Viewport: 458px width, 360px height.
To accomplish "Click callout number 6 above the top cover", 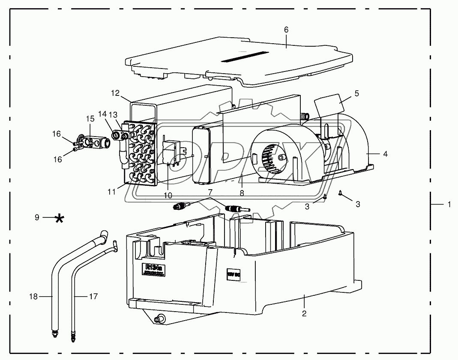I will point(286,30).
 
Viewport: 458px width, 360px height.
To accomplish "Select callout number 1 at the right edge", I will point(449,205).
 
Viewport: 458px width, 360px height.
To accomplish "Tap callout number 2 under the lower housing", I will point(304,313).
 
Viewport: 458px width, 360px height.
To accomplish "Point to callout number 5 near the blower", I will point(356,92).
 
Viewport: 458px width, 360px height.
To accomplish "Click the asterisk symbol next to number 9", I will point(60,218).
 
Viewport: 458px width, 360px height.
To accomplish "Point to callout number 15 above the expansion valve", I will point(90,118).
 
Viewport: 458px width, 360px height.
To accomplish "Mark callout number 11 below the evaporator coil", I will point(112,192).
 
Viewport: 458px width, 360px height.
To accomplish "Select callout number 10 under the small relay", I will point(168,195).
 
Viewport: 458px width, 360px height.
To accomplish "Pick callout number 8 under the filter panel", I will point(242,193).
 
